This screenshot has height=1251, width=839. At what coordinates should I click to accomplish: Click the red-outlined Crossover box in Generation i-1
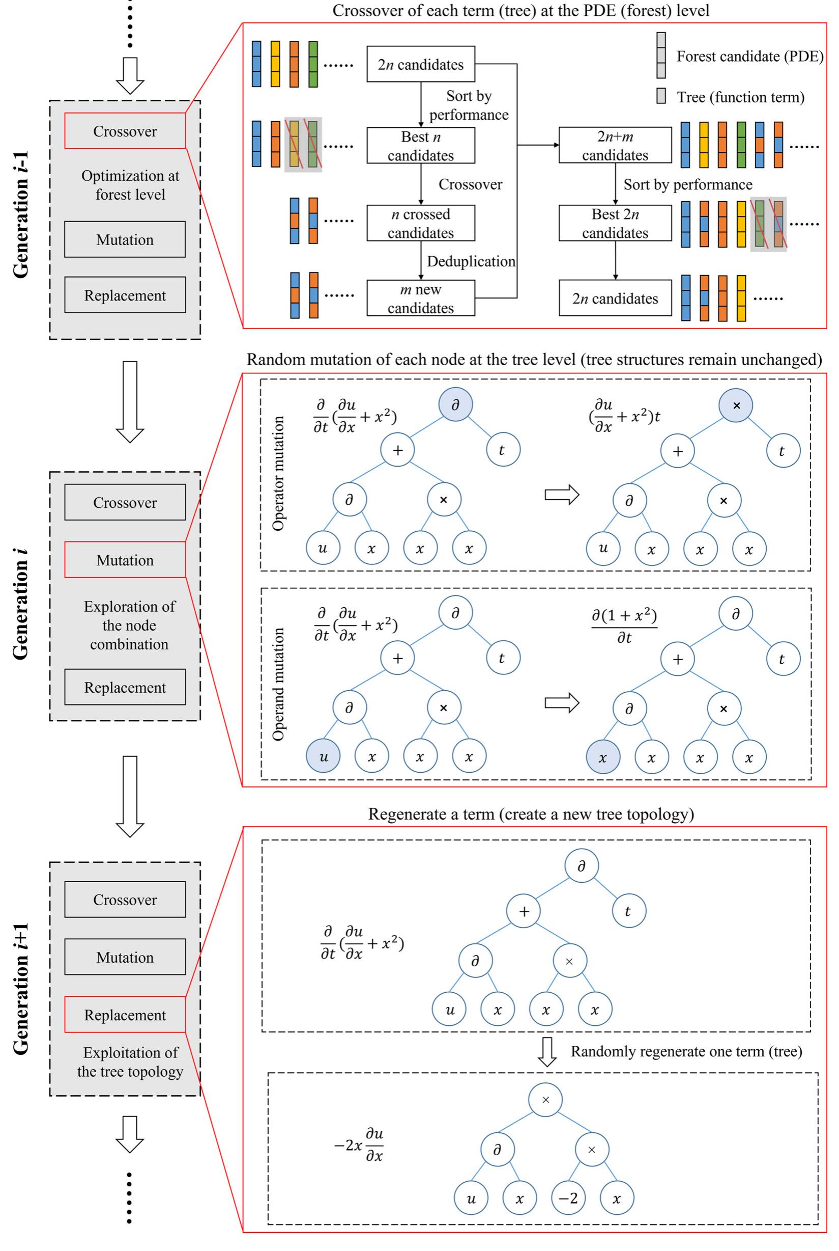(125, 131)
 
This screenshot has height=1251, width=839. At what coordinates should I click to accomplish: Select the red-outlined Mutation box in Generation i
(125, 560)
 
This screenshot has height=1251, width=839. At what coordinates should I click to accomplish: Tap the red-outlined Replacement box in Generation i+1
(125, 1014)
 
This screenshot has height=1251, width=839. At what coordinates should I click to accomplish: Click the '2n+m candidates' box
(615, 145)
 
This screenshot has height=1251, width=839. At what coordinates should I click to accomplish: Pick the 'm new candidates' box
(421, 298)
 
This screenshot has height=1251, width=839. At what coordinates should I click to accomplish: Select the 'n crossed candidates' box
(421, 223)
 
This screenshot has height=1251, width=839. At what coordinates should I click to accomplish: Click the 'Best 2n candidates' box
(615, 223)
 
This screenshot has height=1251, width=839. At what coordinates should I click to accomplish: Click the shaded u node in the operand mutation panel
(323, 756)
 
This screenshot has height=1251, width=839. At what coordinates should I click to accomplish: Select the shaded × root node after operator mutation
(736, 405)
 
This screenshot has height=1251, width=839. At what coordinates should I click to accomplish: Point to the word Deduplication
(471, 261)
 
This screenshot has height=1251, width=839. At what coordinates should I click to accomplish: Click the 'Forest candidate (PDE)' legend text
(749, 56)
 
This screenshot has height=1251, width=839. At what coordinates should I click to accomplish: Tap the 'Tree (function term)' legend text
(740, 97)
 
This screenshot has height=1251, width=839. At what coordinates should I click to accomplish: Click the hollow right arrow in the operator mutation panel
(562, 494)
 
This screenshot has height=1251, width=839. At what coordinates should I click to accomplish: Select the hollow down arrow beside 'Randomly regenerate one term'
(546, 1052)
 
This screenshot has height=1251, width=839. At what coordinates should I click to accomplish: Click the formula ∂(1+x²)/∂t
(624, 625)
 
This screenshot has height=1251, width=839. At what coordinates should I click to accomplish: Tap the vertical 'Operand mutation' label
(278, 684)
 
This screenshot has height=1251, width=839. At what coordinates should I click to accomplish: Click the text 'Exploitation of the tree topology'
(130, 1062)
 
